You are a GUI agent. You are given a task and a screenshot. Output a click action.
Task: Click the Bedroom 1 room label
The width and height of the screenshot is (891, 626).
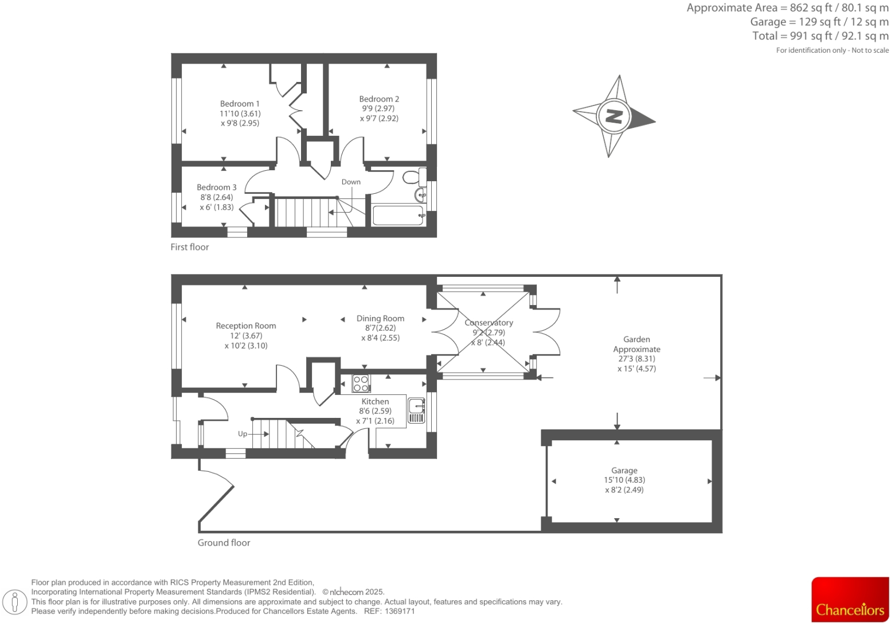click(x=240, y=104)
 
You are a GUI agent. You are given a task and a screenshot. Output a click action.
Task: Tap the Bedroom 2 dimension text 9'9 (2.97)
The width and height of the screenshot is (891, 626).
click(x=378, y=108)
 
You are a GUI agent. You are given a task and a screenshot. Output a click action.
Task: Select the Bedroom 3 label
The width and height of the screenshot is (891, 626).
click(x=216, y=187)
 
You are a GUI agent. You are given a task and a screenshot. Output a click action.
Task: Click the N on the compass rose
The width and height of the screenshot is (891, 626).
click(x=613, y=116)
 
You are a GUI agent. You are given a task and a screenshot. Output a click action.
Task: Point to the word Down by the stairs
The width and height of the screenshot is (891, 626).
click(x=351, y=182)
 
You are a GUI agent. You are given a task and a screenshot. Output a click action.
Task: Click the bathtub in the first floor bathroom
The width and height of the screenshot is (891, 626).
click(x=398, y=216)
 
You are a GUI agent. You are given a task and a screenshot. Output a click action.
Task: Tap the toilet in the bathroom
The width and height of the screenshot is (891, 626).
click(x=413, y=177)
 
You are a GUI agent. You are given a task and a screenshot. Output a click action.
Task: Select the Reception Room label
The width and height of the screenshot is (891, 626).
click(x=246, y=326)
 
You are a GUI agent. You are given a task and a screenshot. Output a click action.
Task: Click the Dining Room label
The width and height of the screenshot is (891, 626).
click(x=380, y=318)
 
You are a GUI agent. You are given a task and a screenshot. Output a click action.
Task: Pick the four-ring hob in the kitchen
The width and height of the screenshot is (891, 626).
click(x=361, y=384)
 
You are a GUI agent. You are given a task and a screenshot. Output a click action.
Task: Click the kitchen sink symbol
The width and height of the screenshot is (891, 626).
click(x=416, y=410)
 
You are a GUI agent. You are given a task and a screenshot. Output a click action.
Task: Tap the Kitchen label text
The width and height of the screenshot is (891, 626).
click(x=375, y=401)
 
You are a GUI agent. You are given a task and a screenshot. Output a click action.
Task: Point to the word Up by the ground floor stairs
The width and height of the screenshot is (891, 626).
click(x=243, y=434)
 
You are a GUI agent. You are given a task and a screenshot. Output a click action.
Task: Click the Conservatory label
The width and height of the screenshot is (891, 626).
click(x=489, y=323)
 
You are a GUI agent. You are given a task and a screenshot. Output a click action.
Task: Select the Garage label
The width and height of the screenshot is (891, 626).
click(x=624, y=470)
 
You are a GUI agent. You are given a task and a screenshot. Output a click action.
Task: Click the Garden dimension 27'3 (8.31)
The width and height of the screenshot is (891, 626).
click(x=636, y=359)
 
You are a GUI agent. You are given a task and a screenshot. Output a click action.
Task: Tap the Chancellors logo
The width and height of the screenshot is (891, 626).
click(x=850, y=600)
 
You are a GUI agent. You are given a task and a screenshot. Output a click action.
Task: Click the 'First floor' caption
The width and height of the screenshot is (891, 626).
click(x=190, y=247)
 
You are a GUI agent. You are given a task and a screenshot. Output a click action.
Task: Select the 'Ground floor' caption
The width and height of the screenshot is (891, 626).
click(x=224, y=543)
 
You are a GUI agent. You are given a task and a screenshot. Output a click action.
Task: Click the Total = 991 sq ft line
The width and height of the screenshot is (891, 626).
click(x=820, y=36)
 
